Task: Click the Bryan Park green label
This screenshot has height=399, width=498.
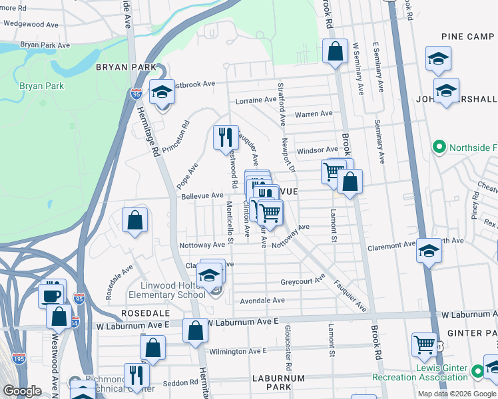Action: coord(41,86)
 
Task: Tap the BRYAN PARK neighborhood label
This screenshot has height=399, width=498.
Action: coord(126,67)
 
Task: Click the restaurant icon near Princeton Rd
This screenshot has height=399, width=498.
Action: coord(225,137)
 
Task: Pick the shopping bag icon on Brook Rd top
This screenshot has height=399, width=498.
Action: coord(335,51)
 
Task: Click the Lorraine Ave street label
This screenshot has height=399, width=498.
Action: coord(256,100)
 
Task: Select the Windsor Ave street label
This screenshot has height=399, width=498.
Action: coord(317,150)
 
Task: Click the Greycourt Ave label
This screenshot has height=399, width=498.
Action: coord(302,281)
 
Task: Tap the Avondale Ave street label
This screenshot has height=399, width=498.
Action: coord(262,301)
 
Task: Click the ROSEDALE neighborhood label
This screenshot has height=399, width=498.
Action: coord(140,312)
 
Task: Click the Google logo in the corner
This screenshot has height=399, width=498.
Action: coord(22,391)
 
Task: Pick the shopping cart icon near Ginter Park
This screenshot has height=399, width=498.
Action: coord(424,344)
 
